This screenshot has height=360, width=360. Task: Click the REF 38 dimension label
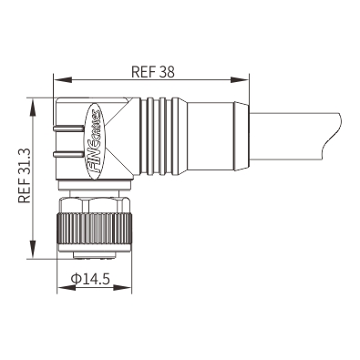pos(153,72)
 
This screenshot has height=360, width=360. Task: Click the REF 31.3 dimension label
pos(25,175)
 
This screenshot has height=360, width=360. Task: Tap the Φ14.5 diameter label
pos(90,279)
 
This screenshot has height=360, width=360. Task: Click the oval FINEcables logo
pos(94,141)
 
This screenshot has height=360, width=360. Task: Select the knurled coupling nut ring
pos(95,229)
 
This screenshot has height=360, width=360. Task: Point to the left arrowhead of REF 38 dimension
pos(63,80)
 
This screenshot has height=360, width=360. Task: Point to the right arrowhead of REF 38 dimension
pos(240,80)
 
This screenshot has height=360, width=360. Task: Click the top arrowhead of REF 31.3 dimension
pos(32,108)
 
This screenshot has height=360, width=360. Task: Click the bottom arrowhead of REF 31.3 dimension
pos(32,250)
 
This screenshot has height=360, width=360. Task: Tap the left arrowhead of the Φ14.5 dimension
pos(67,287)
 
